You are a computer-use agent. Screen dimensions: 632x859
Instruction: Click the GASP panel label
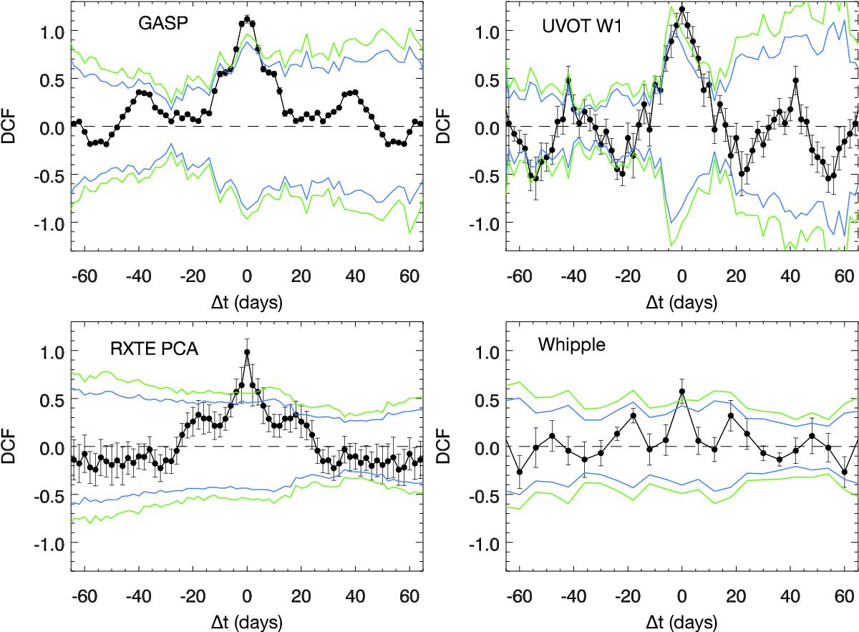(160, 23)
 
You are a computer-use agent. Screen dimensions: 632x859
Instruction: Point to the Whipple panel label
(571, 345)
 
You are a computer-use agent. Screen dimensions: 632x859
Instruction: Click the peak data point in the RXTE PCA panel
(247, 351)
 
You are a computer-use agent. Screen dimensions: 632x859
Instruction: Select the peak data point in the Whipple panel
(682, 392)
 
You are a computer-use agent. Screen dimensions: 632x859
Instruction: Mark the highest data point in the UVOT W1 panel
(682, 9)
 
